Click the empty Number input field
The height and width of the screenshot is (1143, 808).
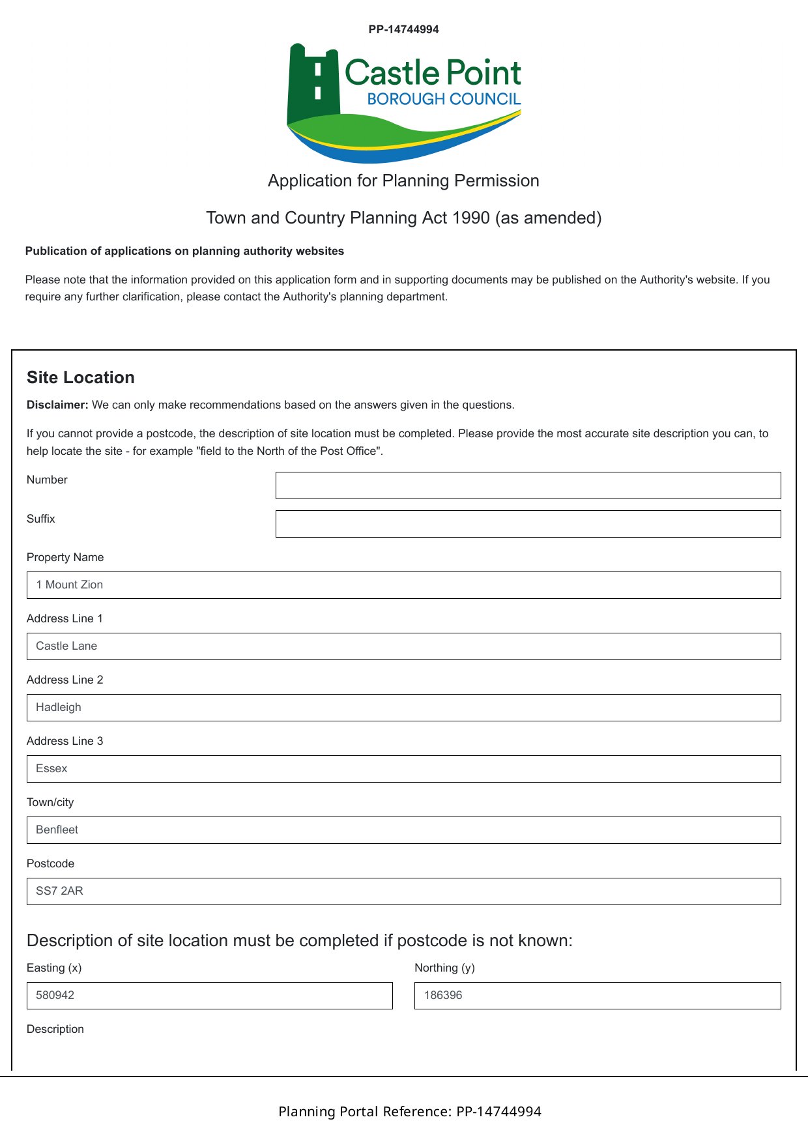tap(528, 485)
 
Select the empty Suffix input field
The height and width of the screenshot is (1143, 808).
tap(528, 524)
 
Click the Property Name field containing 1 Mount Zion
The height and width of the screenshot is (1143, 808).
tap(403, 585)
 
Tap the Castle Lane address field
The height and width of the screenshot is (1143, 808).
tap(403, 646)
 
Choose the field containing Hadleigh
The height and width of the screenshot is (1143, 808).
tap(403, 708)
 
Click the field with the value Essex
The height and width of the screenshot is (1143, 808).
tap(403, 769)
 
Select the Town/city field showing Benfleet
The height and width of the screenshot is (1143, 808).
tap(403, 830)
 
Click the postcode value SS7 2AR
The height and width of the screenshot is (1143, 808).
tap(60, 891)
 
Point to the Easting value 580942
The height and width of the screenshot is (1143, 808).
tap(55, 995)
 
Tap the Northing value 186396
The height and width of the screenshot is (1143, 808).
tap(443, 995)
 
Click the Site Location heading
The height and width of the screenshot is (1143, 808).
tap(81, 377)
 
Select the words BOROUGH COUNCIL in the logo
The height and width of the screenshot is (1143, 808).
tap(444, 99)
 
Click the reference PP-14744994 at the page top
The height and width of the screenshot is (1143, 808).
tap(403, 29)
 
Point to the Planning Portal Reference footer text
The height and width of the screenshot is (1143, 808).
tap(410, 1111)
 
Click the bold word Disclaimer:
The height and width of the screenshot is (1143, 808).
tap(57, 405)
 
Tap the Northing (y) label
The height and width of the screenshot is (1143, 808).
tap(444, 968)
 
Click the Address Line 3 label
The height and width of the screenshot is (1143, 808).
tap(65, 741)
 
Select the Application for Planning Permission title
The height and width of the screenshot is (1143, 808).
tap(403, 181)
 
